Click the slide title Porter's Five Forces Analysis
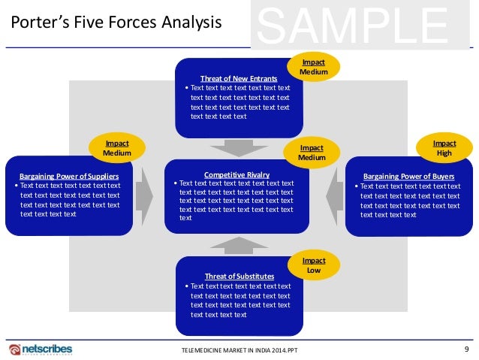click(x=116, y=23)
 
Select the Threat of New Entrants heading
click(x=239, y=78)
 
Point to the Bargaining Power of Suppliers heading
click(x=68, y=176)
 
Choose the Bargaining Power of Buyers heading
click(x=408, y=177)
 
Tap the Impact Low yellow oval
click(x=315, y=265)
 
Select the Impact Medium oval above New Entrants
click(x=314, y=66)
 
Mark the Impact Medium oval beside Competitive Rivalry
click(x=311, y=153)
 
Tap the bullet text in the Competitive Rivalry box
click(x=237, y=200)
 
